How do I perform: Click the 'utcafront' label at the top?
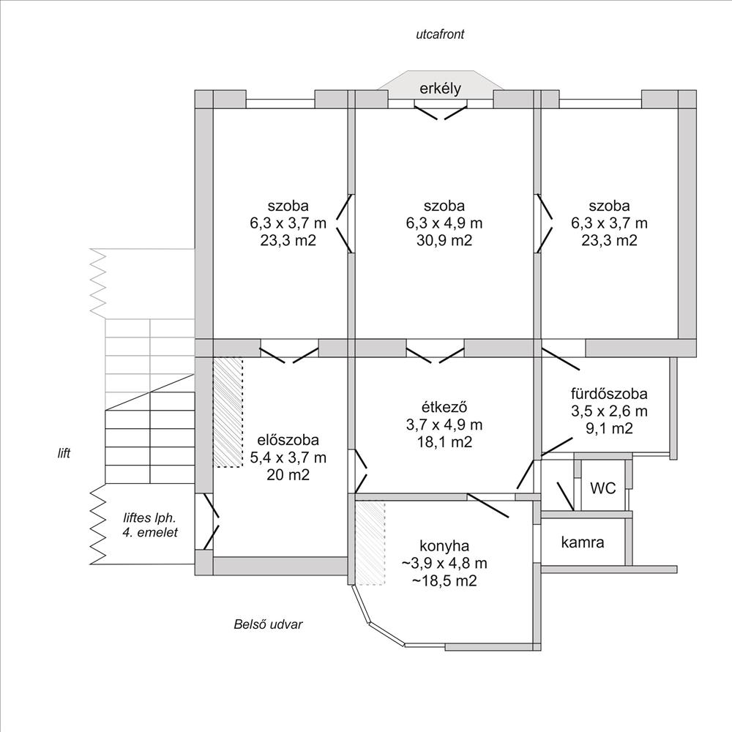click(x=440, y=34)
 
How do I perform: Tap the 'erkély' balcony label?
click(x=440, y=89)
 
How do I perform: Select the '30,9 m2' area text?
click(x=444, y=240)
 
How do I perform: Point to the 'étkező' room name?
click(x=444, y=407)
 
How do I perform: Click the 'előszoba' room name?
click(x=288, y=440)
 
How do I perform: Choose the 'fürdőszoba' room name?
click(x=609, y=394)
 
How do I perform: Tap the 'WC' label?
click(x=602, y=488)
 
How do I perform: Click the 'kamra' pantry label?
click(x=583, y=542)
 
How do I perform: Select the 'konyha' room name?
click(x=444, y=546)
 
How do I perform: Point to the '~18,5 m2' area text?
click(x=444, y=581)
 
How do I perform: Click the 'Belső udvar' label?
click(x=268, y=624)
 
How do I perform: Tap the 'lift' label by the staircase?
click(x=64, y=453)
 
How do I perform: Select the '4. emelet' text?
click(x=150, y=533)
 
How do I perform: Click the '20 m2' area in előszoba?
click(x=288, y=475)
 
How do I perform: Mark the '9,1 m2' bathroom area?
click(x=609, y=428)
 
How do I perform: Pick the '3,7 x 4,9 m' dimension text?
click(x=444, y=425)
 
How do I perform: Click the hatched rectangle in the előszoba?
click(x=228, y=413)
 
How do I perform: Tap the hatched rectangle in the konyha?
click(x=370, y=543)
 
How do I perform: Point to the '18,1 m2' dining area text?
click(x=444, y=442)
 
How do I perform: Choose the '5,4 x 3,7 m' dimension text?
click(x=288, y=457)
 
